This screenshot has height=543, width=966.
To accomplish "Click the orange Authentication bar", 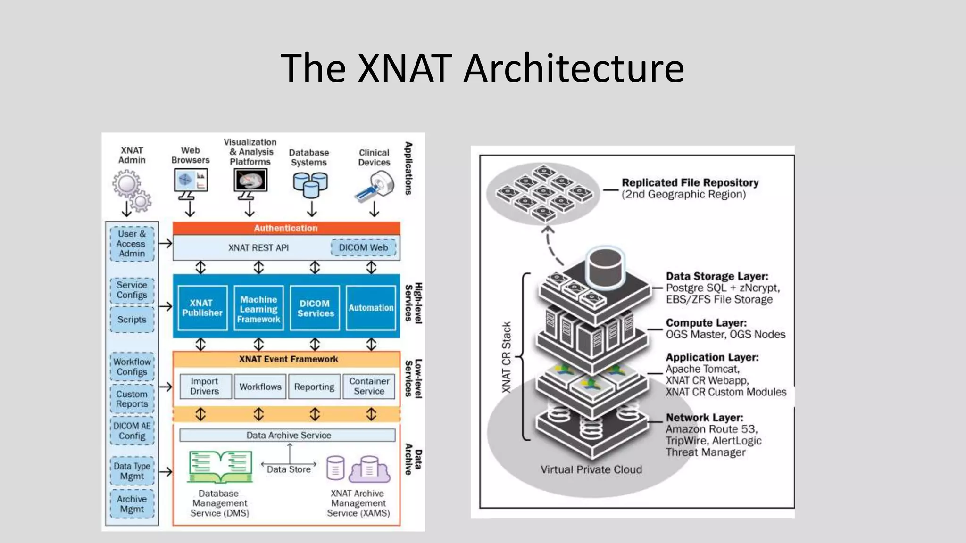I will (x=286, y=228).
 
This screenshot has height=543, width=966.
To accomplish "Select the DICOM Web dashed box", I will (x=363, y=247).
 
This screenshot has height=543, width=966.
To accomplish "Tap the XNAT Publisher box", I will (x=202, y=308).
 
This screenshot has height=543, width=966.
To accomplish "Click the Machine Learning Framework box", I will (x=258, y=309).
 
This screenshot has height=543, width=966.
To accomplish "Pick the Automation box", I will (x=371, y=308).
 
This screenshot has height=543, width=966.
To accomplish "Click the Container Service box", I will (x=369, y=387).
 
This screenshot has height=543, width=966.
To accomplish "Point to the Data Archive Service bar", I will (x=288, y=435).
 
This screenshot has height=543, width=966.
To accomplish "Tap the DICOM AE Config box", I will (x=132, y=431).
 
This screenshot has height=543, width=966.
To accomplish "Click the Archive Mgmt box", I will (x=132, y=504).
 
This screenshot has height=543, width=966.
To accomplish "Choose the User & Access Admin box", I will (x=132, y=244).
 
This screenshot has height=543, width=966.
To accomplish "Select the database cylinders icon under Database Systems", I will (x=310, y=185).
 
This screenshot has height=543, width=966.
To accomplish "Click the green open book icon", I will (x=220, y=467).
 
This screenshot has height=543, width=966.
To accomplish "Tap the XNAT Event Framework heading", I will (x=288, y=359).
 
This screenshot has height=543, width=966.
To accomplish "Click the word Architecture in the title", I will (x=574, y=68).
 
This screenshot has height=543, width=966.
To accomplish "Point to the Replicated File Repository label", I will (x=690, y=183).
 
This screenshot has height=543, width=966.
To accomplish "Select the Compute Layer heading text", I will (x=706, y=323).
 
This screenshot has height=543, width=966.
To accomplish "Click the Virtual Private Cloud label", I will (x=591, y=469).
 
